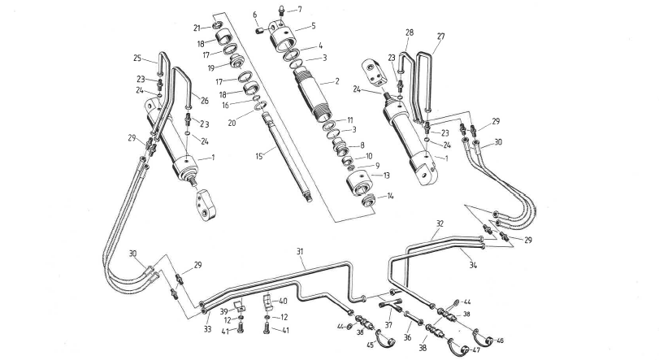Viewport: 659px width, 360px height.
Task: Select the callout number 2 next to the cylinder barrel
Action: pos(335,82)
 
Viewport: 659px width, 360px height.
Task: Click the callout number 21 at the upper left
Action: pos(196,28)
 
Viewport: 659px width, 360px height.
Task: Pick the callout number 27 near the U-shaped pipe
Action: pos(441,36)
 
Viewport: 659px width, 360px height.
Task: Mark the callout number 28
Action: pos(409,32)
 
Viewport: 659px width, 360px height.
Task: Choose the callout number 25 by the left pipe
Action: pos(138,58)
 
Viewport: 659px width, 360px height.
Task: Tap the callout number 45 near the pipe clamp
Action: pos(371,345)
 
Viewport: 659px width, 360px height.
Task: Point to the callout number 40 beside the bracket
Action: pos(283,301)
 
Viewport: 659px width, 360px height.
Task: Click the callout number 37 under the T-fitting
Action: pos(388,325)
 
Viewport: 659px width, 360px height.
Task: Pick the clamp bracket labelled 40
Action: pos(267,306)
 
